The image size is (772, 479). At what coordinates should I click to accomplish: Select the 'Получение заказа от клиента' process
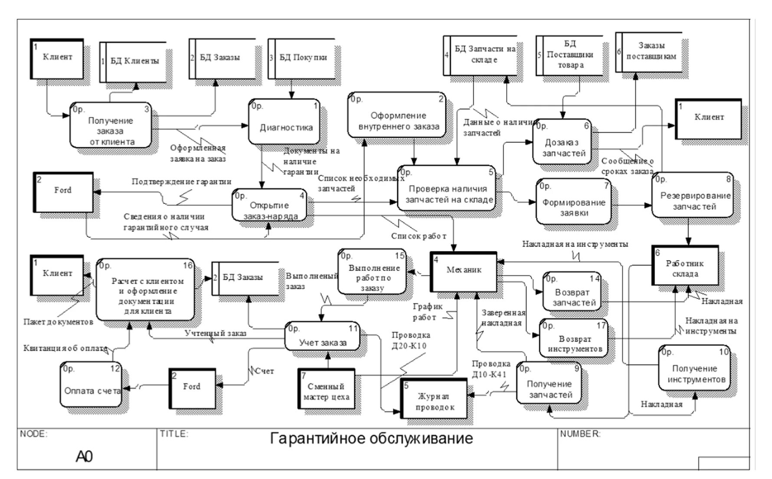(x=111, y=125)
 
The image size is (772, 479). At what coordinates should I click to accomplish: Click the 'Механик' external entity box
(x=464, y=271)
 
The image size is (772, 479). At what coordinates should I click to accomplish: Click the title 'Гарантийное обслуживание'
(x=371, y=438)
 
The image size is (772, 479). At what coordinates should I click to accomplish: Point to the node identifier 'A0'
(x=84, y=456)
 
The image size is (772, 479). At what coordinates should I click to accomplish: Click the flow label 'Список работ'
(x=418, y=236)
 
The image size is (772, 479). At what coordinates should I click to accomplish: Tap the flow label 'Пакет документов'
(x=58, y=322)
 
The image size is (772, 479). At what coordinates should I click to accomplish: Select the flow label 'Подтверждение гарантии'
(x=181, y=182)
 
